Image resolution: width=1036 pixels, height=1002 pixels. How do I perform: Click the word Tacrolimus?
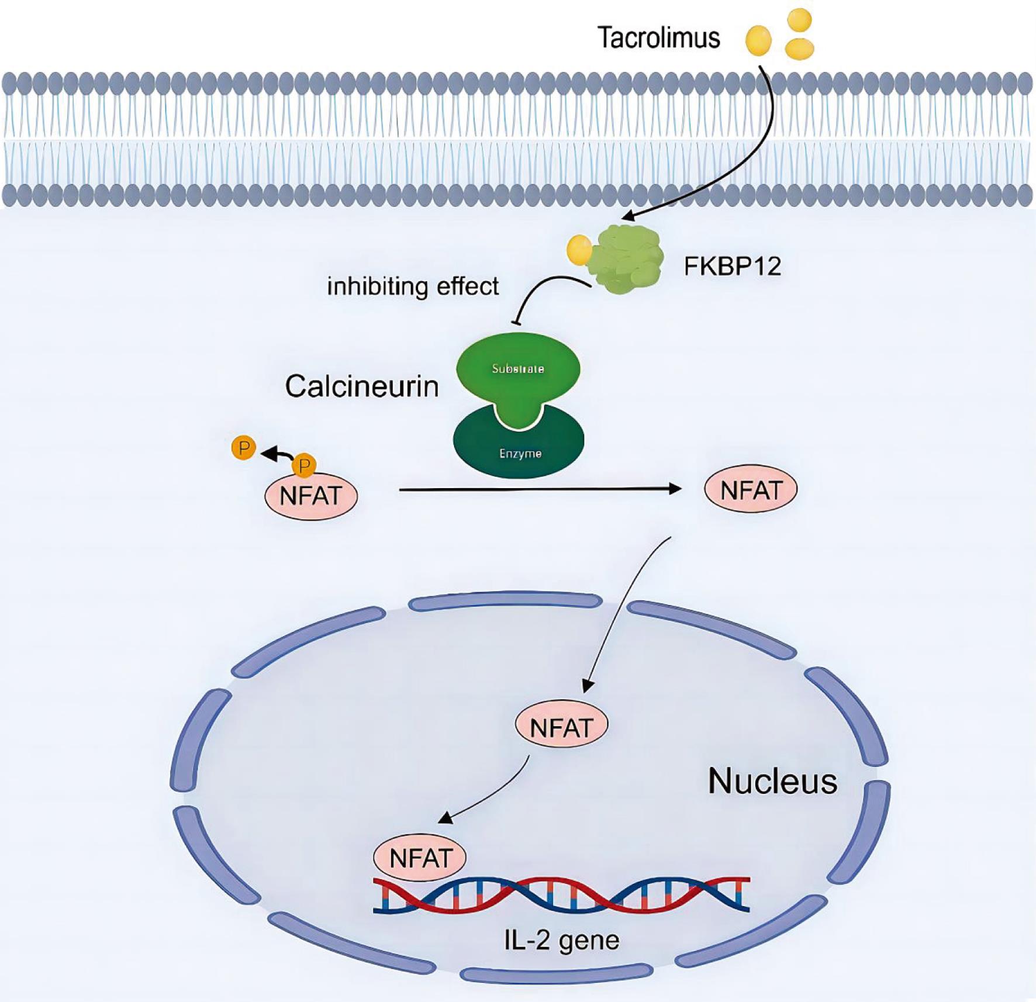point(658,39)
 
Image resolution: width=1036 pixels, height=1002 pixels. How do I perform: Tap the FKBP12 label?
point(732,267)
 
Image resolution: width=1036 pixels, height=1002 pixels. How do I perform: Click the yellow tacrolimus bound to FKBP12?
point(579,249)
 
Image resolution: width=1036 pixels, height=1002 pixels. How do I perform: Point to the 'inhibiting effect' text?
point(413,286)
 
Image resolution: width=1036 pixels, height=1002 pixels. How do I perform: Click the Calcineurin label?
point(361,386)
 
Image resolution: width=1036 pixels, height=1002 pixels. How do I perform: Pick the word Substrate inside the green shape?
point(518,369)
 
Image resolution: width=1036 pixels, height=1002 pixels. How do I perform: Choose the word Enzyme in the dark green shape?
point(520,454)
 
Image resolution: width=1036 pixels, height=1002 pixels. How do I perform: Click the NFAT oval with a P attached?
point(311,496)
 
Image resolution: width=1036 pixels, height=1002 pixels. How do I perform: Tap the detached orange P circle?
point(243,448)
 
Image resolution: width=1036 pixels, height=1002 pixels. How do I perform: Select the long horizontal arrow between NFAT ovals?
point(538,489)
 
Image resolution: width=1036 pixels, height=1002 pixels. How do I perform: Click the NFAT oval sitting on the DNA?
point(420,858)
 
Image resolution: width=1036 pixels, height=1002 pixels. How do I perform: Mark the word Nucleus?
point(772,781)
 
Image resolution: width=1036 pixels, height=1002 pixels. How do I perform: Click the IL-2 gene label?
point(561,941)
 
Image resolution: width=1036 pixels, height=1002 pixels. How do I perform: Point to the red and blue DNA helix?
point(561,895)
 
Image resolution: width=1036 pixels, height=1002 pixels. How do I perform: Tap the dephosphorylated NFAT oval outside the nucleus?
point(751,490)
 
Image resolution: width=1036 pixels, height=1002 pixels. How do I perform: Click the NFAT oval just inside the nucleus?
point(561,727)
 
